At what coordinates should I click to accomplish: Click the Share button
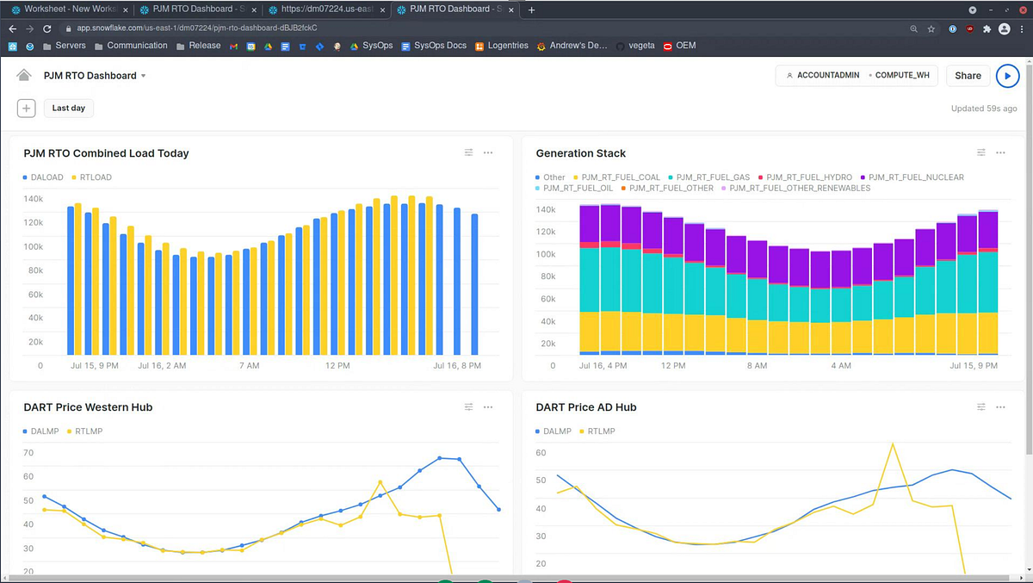click(968, 76)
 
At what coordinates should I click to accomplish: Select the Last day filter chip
click(69, 109)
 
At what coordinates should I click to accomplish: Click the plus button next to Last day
click(27, 109)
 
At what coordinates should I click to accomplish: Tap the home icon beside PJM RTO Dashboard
click(24, 76)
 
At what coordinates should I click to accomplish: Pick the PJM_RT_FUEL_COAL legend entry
click(620, 177)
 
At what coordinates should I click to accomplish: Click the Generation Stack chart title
click(580, 153)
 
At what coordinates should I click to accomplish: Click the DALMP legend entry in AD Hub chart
click(556, 431)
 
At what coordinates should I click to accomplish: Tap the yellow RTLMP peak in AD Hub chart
click(893, 444)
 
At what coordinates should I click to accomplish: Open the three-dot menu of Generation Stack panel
click(1000, 153)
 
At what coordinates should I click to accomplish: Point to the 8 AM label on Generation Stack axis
click(757, 366)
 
